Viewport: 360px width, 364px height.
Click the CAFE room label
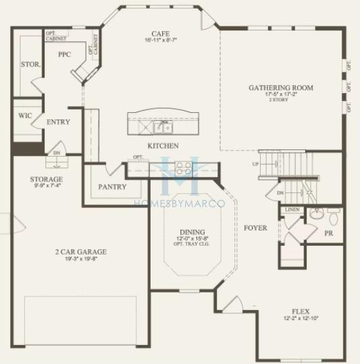[x=160, y=33]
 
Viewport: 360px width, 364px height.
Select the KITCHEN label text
[x=163, y=146]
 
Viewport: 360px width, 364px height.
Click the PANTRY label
[x=112, y=186]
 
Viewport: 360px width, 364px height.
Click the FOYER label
[x=255, y=228]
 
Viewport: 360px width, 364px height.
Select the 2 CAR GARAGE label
[x=80, y=252]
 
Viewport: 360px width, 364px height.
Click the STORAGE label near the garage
[x=46, y=180]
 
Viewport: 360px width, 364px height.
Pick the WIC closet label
[x=25, y=115]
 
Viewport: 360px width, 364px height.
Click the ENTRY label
[x=59, y=122]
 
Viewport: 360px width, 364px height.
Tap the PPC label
[x=65, y=54]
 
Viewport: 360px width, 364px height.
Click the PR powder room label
[x=329, y=233]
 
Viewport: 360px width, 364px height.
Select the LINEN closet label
[x=292, y=210]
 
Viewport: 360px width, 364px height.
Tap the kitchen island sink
[x=162, y=126]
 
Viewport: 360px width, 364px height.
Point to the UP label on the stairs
[x=255, y=164]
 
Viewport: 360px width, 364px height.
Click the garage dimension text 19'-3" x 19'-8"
[x=80, y=259]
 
